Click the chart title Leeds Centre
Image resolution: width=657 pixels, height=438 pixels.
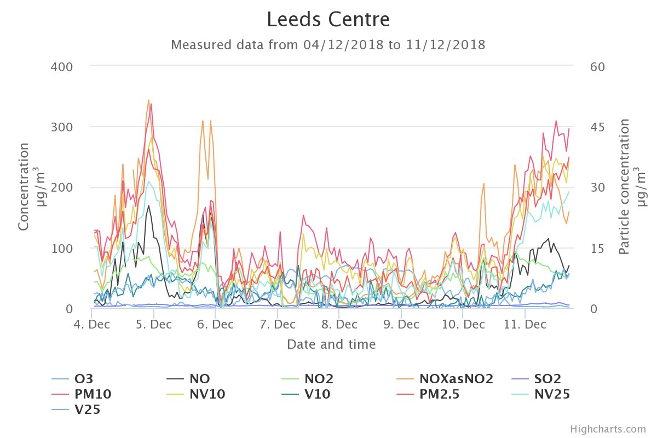(328, 20)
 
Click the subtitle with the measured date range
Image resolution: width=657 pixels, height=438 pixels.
(328, 45)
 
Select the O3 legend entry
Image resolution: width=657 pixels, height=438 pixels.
(82, 379)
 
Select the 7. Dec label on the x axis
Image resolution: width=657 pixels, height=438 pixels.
(278, 325)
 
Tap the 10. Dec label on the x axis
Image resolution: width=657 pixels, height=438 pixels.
(463, 325)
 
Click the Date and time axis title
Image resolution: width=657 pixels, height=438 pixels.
(331, 344)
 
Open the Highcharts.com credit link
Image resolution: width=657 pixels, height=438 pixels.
(608, 429)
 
